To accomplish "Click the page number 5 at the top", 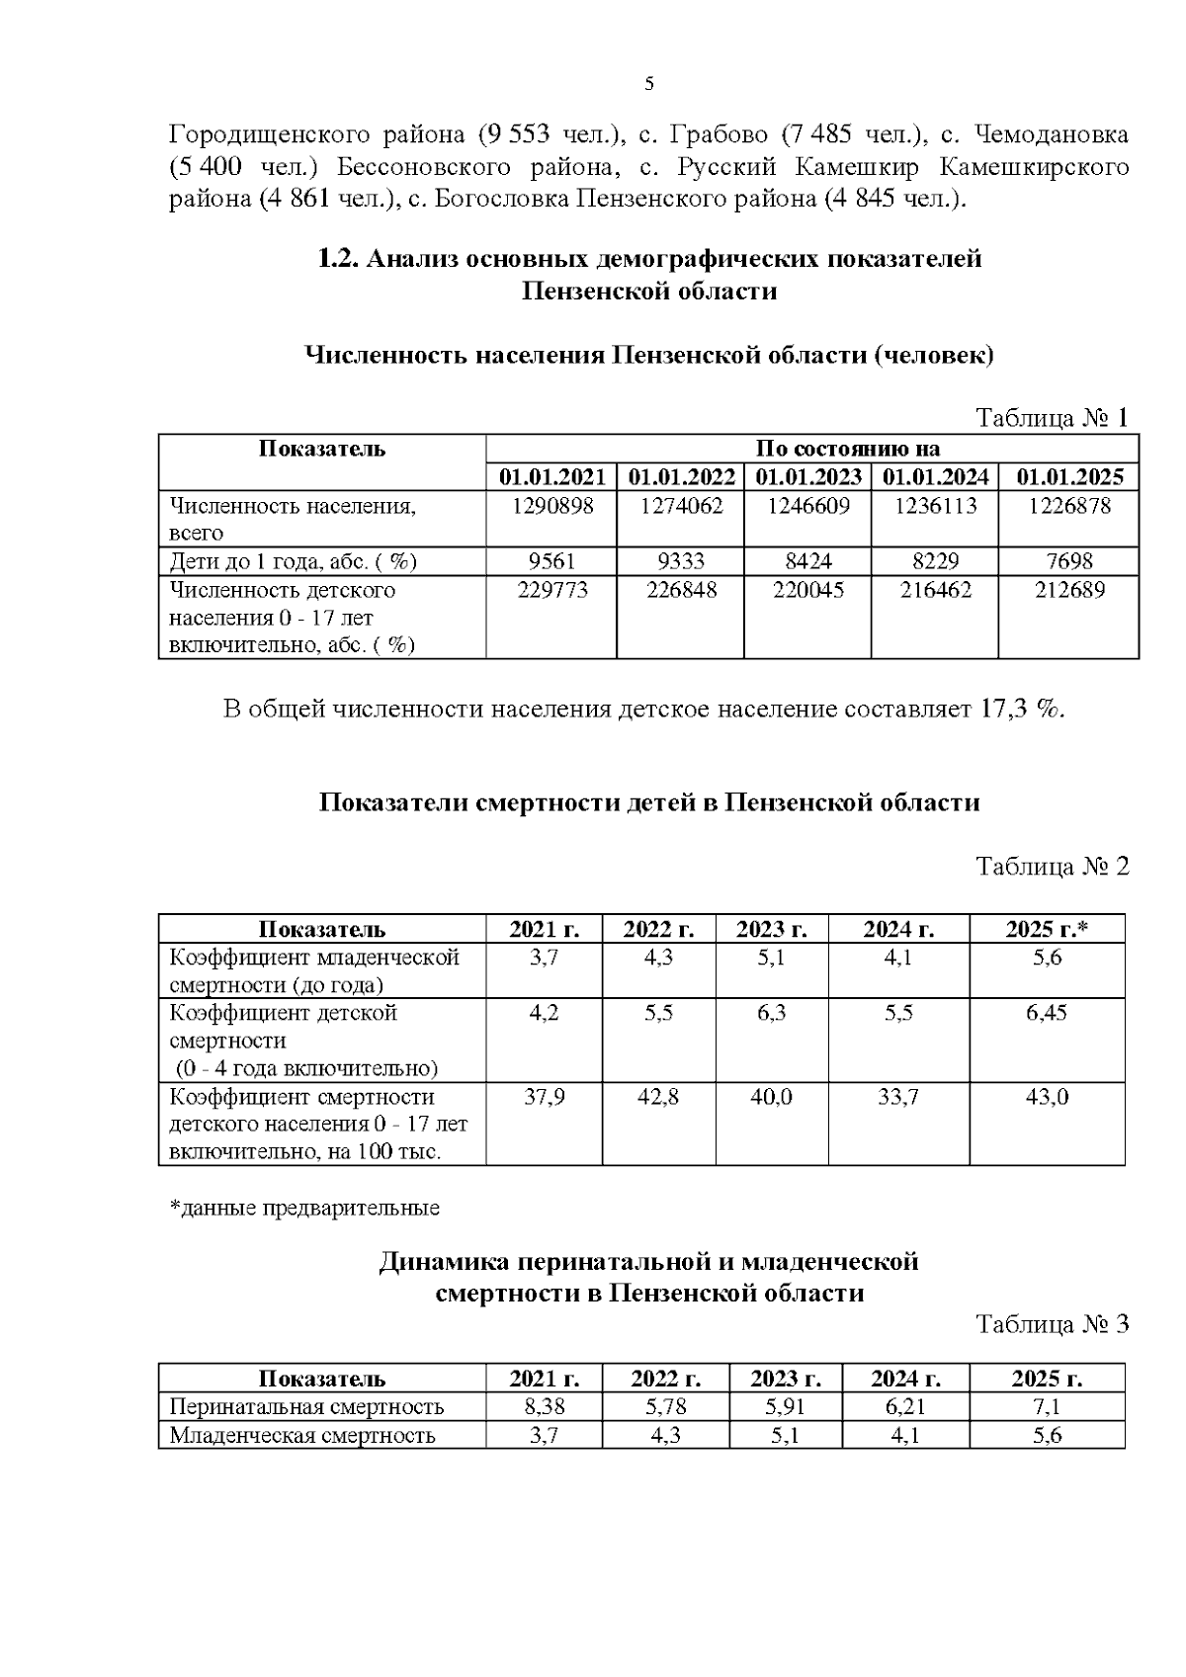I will pos(649,84).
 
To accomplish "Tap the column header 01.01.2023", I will pos(807,477).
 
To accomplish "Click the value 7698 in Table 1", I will pos(1070,562).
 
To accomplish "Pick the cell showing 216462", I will pos(934,590).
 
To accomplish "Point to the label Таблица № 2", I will pos(1052,867).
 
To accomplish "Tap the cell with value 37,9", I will pos(544,1097).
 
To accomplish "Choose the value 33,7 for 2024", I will pos(898,1097).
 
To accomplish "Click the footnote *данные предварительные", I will pos(305,1208).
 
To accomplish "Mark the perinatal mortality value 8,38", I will pos(544,1406).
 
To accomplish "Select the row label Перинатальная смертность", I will pos(306,1406).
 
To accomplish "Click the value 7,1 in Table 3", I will pos(1047,1406).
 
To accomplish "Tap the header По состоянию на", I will pos(847,449).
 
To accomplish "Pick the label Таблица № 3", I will pos(1052,1324).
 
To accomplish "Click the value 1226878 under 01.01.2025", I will pos(1070,506).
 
